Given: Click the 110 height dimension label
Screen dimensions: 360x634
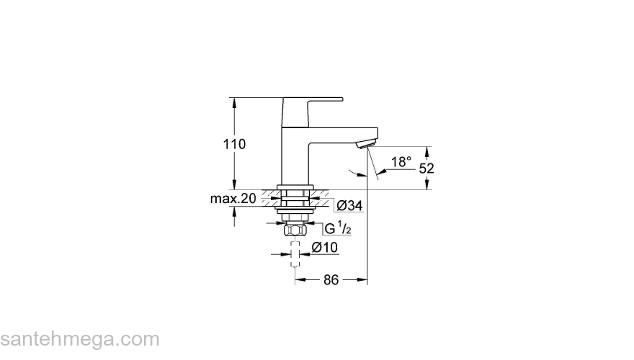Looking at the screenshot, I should (234, 144).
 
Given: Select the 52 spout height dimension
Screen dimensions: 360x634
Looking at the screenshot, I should (427, 168).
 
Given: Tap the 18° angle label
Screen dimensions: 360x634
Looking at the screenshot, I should (401, 161).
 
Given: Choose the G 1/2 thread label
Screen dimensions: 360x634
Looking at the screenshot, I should (337, 229).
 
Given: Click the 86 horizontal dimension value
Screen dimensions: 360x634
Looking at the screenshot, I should (330, 280).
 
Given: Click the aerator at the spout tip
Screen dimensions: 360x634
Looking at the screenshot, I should (367, 142).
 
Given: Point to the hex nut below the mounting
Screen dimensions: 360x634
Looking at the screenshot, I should (293, 230).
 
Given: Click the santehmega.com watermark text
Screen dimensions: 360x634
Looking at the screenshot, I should (79, 339).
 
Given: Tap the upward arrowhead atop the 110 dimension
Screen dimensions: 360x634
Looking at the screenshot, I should (234, 102).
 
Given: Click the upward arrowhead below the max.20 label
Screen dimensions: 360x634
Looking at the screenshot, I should (234, 211).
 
